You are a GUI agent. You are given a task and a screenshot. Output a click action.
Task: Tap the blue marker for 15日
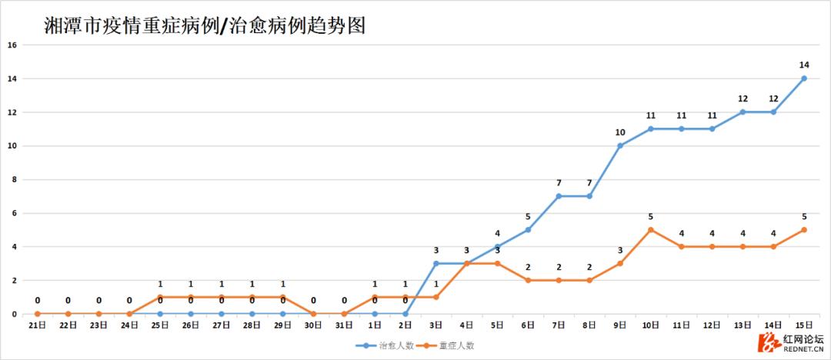pyautogui.click(x=804, y=78)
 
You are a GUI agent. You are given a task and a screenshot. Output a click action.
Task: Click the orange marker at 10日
pyautogui.click(x=651, y=230)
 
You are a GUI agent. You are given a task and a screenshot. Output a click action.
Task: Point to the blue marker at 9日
pyautogui.click(x=620, y=145)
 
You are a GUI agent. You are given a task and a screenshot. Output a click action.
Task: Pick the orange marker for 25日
pyautogui.click(x=160, y=297)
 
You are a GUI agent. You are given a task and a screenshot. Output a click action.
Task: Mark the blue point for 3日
pyautogui.click(x=436, y=263)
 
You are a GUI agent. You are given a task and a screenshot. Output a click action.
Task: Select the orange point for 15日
pyautogui.click(x=804, y=230)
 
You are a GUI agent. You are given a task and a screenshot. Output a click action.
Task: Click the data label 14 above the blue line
pyautogui.click(x=804, y=65)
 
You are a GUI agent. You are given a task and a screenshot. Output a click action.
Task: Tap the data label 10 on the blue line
pyautogui.click(x=620, y=132)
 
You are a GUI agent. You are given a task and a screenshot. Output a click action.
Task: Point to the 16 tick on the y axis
pyautogui.click(x=12, y=45)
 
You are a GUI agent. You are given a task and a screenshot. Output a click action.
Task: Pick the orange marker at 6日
pyautogui.click(x=529, y=280)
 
